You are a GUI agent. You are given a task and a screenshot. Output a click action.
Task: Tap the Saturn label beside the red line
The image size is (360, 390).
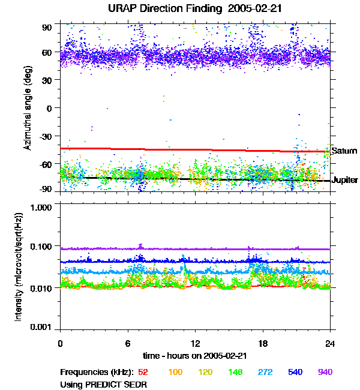(344, 151)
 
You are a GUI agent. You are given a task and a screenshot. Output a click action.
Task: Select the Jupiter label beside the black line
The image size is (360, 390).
(345, 180)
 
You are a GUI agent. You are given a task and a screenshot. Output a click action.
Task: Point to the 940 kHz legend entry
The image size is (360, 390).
(325, 372)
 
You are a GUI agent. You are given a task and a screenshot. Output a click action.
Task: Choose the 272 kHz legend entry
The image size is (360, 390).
(265, 372)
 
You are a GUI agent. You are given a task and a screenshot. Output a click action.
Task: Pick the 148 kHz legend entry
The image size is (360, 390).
(235, 372)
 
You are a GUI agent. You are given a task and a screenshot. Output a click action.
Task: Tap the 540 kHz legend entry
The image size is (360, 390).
(295, 372)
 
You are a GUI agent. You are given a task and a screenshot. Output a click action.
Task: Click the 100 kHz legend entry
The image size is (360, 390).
(175, 372)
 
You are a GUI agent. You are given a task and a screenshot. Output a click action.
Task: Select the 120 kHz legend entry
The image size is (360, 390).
(205, 372)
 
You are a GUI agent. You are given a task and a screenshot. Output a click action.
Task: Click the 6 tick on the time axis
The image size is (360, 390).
(128, 343)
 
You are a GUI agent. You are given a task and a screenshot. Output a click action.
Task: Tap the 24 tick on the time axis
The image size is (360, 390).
(330, 343)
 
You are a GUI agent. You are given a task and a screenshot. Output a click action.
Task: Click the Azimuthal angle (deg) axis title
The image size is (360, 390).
(28, 108)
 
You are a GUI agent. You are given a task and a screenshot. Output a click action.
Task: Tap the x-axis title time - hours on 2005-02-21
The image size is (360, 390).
(195, 355)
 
